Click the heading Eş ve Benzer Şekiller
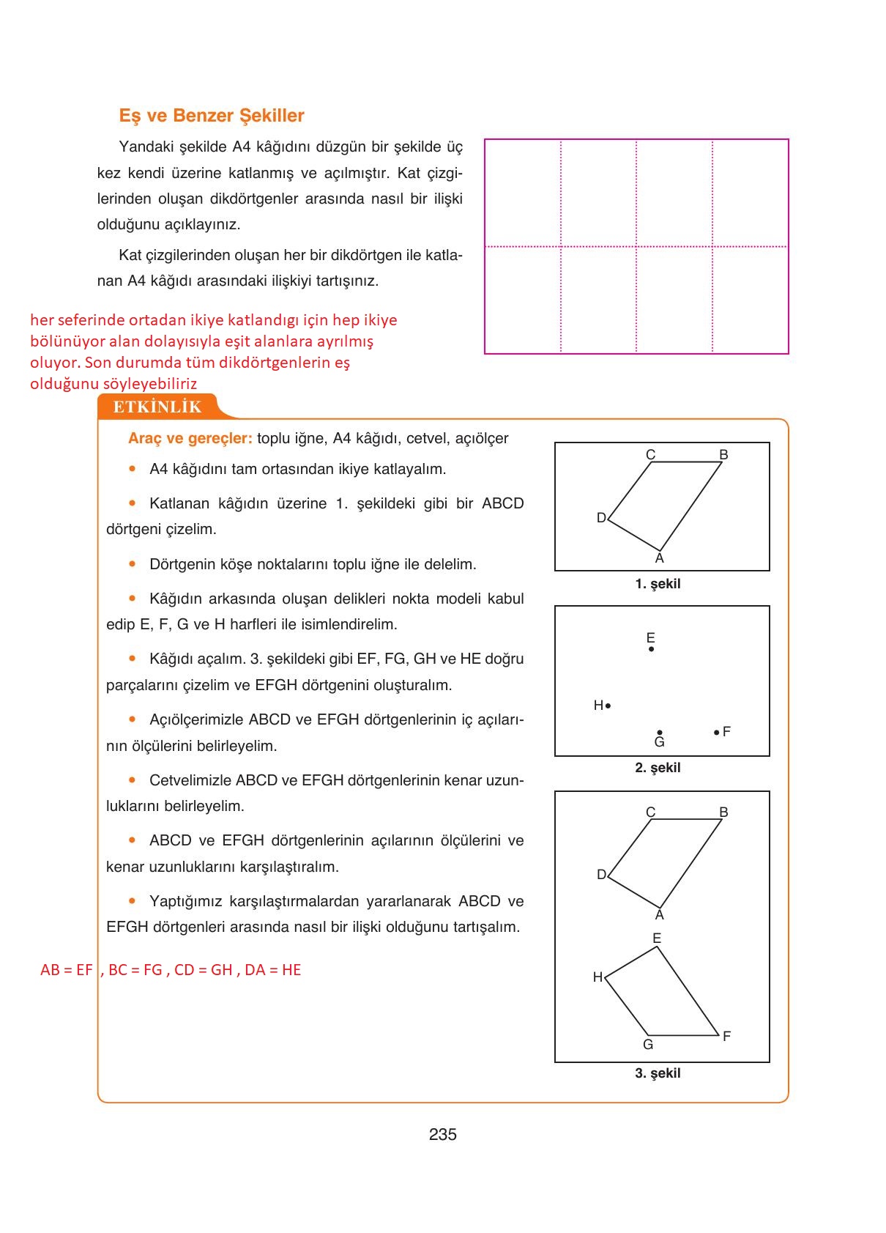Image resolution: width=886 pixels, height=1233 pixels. (x=212, y=116)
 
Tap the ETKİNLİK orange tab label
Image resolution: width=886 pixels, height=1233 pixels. (x=157, y=407)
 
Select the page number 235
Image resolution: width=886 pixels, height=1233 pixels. (x=442, y=1134)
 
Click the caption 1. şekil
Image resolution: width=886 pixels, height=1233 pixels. (x=658, y=584)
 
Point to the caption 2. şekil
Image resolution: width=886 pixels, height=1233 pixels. (x=658, y=768)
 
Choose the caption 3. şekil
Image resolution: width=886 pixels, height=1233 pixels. (x=658, y=1073)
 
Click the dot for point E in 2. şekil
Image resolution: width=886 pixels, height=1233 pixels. (x=651, y=649)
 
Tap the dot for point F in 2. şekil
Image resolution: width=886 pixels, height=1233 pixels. (x=716, y=732)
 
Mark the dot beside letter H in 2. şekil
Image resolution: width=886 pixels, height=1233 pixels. (x=608, y=706)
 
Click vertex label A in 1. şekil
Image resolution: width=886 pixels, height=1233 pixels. (x=660, y=559)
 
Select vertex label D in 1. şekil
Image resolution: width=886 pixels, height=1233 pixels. (x=601, y=518)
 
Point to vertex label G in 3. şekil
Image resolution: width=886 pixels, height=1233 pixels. (x=648, y=1045)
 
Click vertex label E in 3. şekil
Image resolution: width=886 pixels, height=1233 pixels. (x=657, y=938)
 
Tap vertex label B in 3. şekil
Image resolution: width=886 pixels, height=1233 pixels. (x=723, y=812)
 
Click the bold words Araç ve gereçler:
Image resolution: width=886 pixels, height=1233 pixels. (x=190, y=438)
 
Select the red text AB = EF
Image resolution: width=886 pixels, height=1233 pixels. (x=67, y=970)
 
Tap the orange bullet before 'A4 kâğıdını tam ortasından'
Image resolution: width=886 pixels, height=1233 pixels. (x=133, y=468)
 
